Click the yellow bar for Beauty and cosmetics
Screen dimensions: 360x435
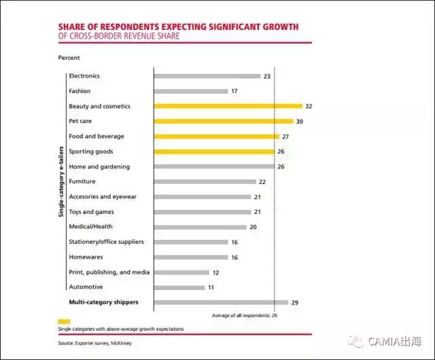coord(228,106)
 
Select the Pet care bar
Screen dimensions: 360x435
coord(224,121)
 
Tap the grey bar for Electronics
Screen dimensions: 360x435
coord(207,76)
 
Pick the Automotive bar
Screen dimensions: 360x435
coord(179,287)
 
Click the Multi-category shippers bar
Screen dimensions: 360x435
coord(221,302)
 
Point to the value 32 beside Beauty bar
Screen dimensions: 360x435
coord(309,107)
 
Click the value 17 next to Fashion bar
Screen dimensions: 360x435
coord(234,91)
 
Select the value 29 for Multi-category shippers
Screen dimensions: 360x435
coord(295,302)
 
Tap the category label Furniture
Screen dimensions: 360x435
coord(82,181)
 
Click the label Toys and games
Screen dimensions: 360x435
coord(90,212)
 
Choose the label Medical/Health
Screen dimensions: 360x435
coord(91,227)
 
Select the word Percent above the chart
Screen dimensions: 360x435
coord(69,58)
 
